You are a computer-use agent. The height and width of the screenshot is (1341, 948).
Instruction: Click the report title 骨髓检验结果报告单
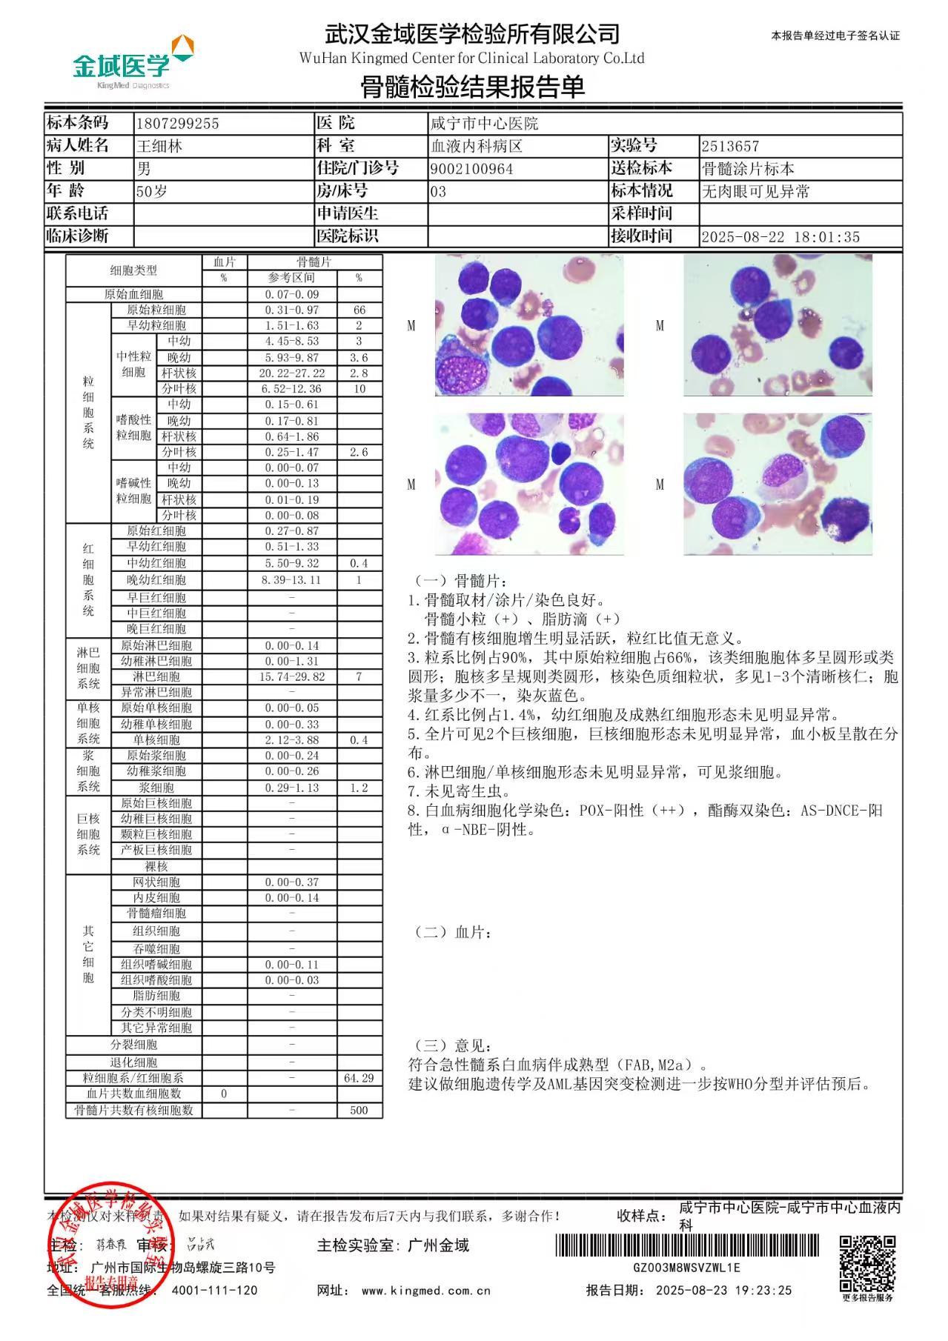coord(472,87)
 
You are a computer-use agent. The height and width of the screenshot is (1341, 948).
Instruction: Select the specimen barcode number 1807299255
coord(178,124)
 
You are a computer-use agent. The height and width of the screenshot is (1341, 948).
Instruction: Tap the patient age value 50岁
coord(152,192)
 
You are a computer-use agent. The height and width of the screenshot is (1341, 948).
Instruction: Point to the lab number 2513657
coord(731,147)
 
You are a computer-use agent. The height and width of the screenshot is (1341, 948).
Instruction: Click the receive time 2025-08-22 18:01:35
coord(780,237)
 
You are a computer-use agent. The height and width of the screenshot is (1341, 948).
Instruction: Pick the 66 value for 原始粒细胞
coord(359,310)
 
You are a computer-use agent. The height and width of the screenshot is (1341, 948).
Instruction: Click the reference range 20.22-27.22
coord(292,373)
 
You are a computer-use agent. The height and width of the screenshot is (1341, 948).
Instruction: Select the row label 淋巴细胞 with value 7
coord(156,676)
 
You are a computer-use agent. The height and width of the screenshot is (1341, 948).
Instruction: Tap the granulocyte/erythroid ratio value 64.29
coord(359,1078)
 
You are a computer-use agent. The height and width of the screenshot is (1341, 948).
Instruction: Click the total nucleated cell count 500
coord(359,1110)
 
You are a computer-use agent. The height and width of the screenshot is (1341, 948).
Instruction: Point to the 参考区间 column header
coord(292,278)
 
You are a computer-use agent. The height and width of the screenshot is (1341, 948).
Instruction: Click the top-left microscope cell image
coord(528,325)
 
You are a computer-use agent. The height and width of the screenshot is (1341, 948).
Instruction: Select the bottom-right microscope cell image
coord(778,484)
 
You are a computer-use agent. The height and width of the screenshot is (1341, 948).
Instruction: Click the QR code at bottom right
coord(867,1262)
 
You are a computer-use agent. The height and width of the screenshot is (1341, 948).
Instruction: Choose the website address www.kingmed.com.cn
coord(426,1290)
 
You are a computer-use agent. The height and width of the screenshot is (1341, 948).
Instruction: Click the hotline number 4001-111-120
coord(215,1290)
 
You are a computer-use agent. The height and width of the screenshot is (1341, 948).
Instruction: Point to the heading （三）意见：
coord(452,1045)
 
